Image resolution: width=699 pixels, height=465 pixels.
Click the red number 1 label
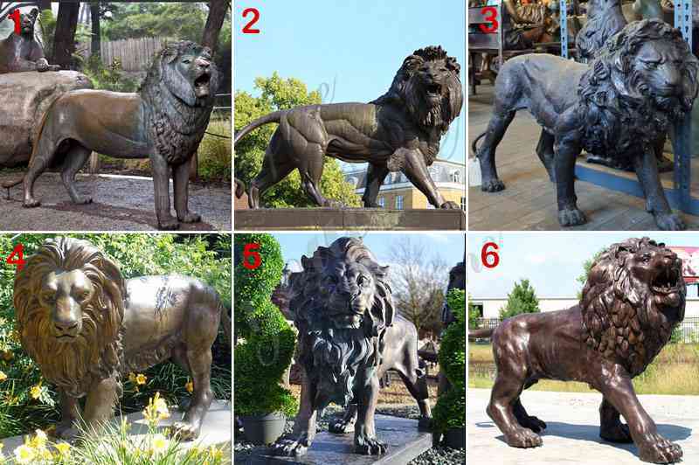pyautogui.click(x=17, y=22)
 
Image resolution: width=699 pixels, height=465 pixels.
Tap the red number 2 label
pyautogui.click(x=251, y=22)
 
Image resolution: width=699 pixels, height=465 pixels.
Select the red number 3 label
pyautogui.click(x=488, y=20)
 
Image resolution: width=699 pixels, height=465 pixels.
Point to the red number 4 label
pyautogui.click(x=16, y=256)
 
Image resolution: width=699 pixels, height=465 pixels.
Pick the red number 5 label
pyautogui.click(x=252, y=256)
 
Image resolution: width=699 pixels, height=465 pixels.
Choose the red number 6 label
pyautogui.click(x=490, y=256)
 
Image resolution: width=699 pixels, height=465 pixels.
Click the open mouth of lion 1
pyautogui.click(x=202, y=81)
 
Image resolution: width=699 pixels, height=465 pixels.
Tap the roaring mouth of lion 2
pyautogui.click(x=433, y=89)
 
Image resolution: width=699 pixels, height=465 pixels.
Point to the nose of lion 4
pyautogui.click(x=67, y=315)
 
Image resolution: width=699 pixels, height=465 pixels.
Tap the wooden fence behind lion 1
pyautogui.click(x=129, y=52)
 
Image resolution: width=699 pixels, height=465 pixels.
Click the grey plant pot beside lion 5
pyautogui.click(x=264, y=427)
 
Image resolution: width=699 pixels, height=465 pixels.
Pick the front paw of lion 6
pyautogui.click(x=664, y=451)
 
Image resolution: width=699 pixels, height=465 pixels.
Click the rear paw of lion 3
pyautogui.click(x=493, y=185)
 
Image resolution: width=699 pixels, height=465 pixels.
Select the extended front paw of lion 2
pyautogui.click(x=448, y=205)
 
